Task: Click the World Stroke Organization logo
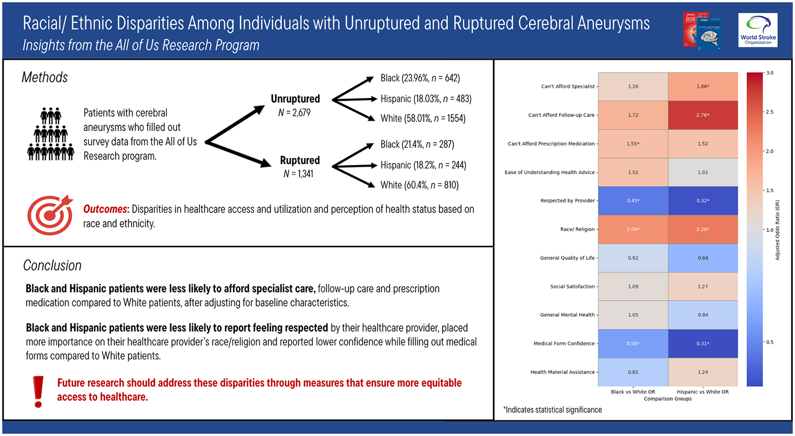tap(758, 30)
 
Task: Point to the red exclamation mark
tap(39, 391)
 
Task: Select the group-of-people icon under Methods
tap(51, 134)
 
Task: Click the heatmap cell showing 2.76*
tap(703, 115)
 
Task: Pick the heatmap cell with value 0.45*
tap(633, 201)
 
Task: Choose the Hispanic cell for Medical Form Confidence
tap(703, 343)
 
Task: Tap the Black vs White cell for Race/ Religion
tap(633, 229)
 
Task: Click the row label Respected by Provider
tap(567, 201)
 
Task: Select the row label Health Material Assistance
tap(562, 372)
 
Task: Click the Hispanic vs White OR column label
tap(703, 392)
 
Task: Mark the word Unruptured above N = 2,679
tap(295, 99)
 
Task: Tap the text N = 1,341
tap(298, 173)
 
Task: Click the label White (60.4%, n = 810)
tap(420, 185)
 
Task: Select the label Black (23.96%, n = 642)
tap(420, 78)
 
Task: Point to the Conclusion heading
tap(52, 265)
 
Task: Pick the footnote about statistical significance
tap(552, 410)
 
